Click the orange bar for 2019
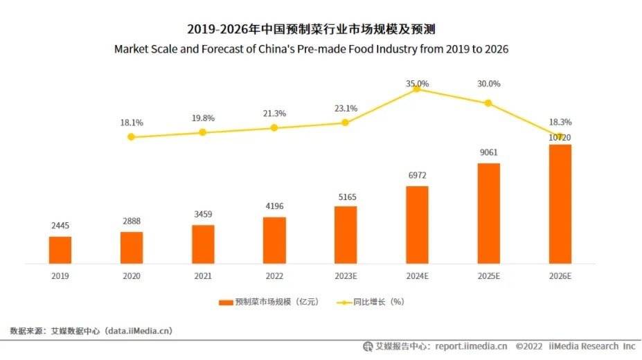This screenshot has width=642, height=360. (60, 250)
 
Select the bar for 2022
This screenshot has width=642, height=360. (274, 240)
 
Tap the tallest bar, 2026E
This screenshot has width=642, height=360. (560, 204)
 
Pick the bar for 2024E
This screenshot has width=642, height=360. (417, 225)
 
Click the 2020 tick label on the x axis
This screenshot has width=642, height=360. (132, 276)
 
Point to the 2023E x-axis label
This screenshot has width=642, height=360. (346, 276)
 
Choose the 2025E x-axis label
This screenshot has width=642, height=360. (488, 276)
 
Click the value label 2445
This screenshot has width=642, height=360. (60, 226)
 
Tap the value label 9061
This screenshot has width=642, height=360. (488, 152)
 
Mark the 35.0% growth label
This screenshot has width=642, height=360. (417, 84)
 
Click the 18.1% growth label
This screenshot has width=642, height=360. (132, 123)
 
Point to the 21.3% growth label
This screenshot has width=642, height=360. (274, 114)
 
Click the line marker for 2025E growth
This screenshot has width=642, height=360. (488, 103)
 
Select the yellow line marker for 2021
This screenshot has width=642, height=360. (203, 132)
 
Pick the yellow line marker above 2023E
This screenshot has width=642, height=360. (346, 123)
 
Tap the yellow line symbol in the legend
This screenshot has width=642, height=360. (344, 303)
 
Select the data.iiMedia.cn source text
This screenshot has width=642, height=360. (139, 331)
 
